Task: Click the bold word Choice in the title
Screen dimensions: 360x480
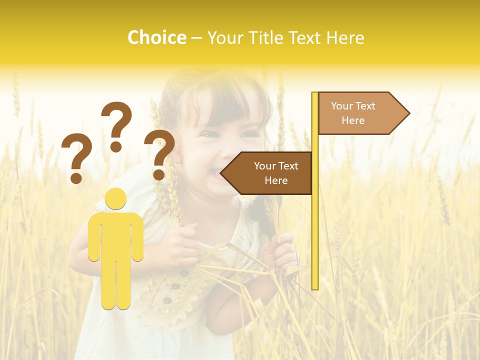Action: point(156,37)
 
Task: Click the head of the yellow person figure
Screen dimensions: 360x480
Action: point(116,198)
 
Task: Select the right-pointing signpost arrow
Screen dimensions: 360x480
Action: point(360,113)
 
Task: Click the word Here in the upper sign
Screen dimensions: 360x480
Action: point(353,120)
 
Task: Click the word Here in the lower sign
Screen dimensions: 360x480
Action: point(276,180)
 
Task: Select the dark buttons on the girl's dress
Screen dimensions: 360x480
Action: point(172,287)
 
